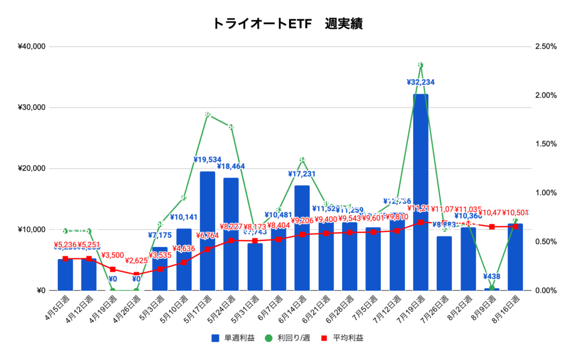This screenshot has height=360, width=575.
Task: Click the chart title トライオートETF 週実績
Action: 287,24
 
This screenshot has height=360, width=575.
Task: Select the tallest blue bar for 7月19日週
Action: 421,191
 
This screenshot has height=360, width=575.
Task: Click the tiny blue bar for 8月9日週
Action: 492,289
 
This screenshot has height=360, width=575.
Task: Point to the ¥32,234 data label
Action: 421,82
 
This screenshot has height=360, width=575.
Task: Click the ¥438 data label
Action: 492,276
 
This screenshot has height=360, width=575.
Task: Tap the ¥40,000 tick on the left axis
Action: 32,47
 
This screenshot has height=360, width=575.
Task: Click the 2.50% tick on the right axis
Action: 545,47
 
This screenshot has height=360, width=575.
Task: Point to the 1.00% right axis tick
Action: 545,193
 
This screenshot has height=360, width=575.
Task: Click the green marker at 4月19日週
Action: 113,290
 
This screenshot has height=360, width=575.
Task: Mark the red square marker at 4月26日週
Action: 136,274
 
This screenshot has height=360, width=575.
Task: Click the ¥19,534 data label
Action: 207,160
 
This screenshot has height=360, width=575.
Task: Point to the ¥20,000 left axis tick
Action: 32,168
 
